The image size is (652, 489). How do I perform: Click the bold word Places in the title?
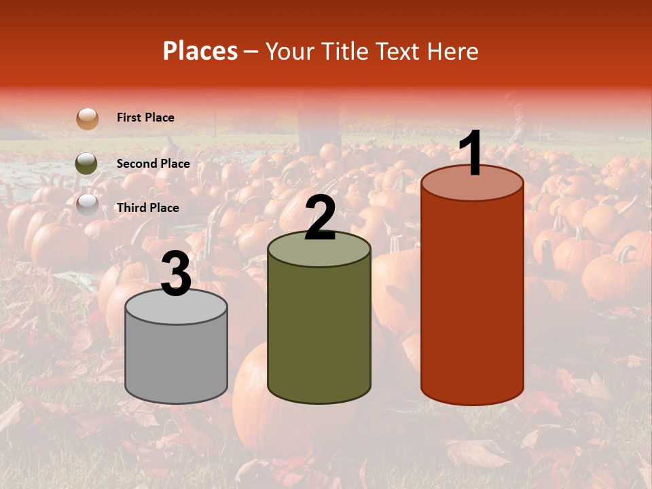pos(200,51)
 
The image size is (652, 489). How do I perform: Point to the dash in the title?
pos(251,52)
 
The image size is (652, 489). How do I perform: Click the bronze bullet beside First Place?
pos(87,118)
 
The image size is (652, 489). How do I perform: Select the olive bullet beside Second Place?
pos(87,163)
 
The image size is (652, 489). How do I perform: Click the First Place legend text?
pos(145,117)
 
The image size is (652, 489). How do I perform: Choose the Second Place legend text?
pos(153,164)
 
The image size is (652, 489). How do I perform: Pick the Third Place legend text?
pos(147,208)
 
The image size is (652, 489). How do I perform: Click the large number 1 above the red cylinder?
pos(471,153)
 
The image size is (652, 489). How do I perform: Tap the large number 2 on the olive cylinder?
pos(321,217)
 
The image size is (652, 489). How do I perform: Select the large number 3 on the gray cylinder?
pos(177,274)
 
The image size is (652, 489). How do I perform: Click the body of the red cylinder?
pos(472,299)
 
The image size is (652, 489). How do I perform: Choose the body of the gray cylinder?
pos(177,360)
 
